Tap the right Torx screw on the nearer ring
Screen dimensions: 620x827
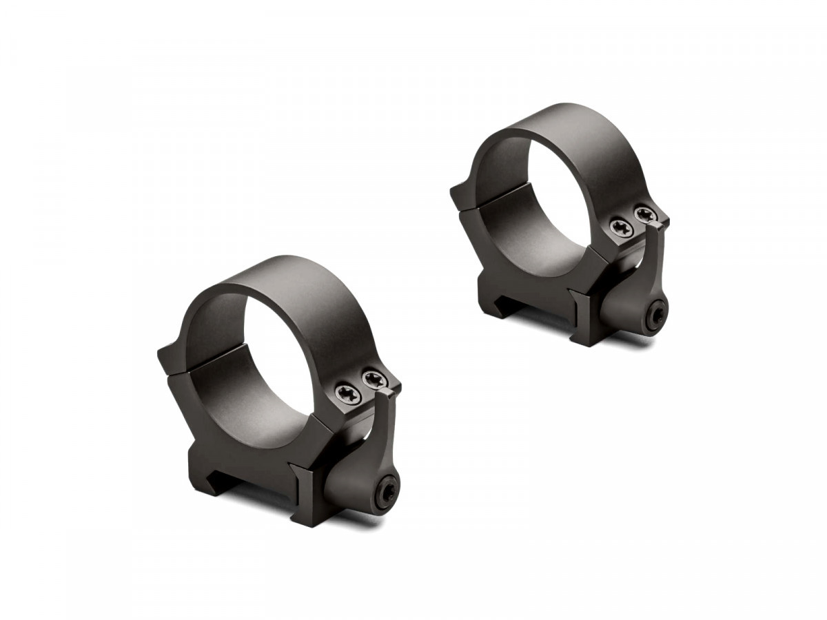[x=372, y=378]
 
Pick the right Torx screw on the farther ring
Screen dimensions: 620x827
[x=644, y=214]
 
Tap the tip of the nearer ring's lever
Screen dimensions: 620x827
[x=388, y=394]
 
